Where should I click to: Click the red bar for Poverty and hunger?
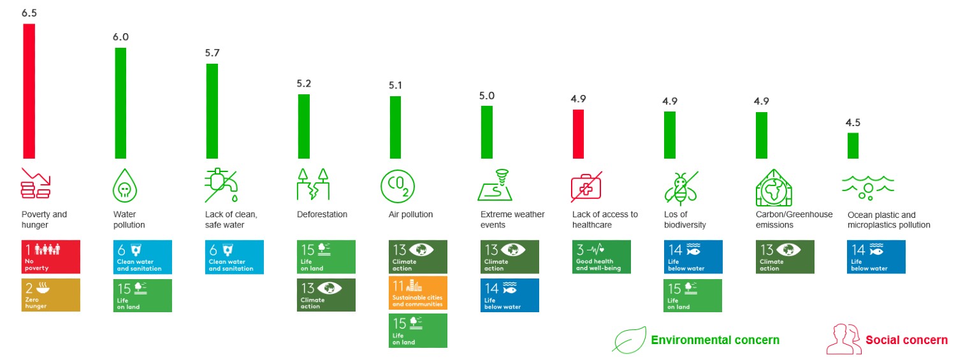point(29,91)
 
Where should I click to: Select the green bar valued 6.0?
point(120,103)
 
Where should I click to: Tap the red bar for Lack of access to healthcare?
point(578,134)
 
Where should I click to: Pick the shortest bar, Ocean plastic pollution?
point(853,145)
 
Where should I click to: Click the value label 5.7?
point(212,53)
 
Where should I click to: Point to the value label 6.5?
point(29,13)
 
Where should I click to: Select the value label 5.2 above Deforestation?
point(304,83)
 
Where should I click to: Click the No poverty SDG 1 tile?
point(51,257)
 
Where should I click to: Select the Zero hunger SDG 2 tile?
point(51,295)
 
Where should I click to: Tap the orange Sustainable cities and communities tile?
point(418,292)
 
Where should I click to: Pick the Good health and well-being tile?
point(601,257)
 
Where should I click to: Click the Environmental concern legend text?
point(714,340)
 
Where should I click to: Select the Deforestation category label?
point(322,215)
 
